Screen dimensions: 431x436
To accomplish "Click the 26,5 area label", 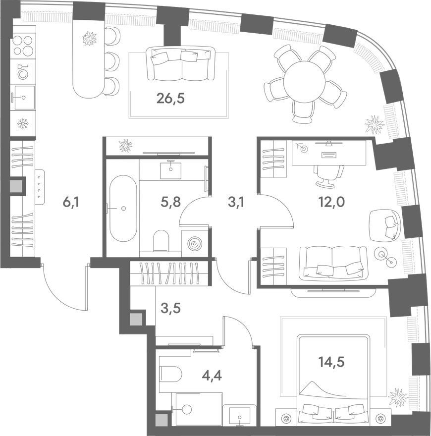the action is tap(170, 99).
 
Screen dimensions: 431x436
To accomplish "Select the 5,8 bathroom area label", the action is tap(171, 202).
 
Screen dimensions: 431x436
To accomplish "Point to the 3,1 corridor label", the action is tap(236, 202).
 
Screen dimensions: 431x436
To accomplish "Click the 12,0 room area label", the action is tap(331, 202).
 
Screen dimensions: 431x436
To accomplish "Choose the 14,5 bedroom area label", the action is tap(331, 362).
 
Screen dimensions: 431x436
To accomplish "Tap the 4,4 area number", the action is tap(212, 376).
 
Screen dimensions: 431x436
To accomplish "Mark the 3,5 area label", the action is tap(171, 308).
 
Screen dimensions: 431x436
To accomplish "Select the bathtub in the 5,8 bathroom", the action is tap(123, 208).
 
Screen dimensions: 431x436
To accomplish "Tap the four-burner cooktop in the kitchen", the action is tap(23, 45).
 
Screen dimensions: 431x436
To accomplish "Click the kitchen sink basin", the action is tap(24, 97).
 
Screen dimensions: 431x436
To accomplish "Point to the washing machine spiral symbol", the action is tap(194, 244).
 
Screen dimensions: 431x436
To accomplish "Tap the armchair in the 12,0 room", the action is tap(385, 225).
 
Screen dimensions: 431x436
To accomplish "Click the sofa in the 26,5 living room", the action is tap(181, 63).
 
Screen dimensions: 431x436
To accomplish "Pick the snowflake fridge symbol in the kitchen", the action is tap(22, 123).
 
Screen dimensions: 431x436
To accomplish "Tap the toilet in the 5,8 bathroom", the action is tap(162, 240).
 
